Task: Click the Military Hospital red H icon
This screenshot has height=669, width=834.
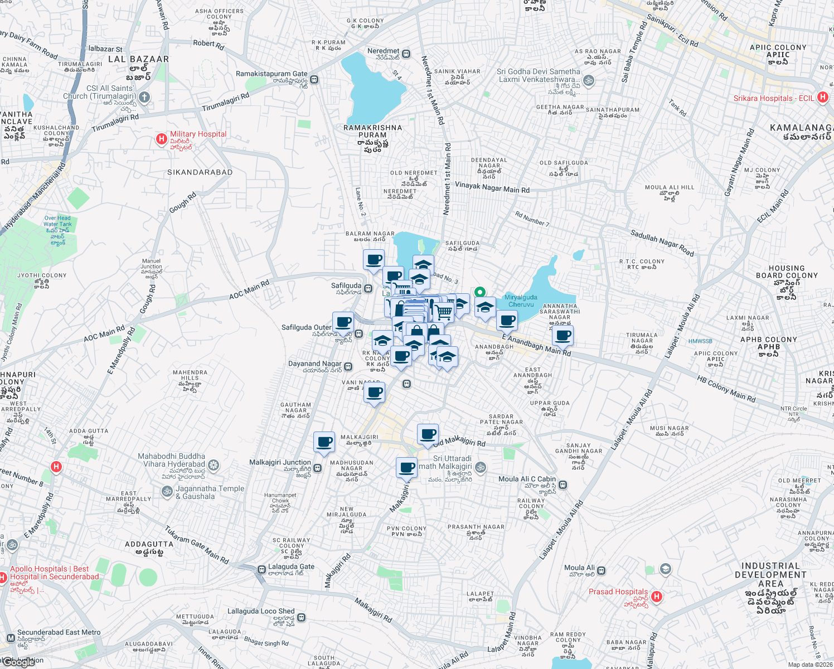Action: point(161,139)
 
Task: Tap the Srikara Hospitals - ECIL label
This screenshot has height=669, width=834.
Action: point(774,98)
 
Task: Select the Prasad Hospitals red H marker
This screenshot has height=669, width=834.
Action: point(657,597)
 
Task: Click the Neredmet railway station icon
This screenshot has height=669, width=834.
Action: point(406,54)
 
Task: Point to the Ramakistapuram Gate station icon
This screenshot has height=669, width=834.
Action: point(314,79)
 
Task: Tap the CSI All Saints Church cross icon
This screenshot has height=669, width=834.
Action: point(144,98)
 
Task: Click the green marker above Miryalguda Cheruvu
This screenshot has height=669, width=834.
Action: point(479,292)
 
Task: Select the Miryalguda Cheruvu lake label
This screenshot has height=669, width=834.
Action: point(521,301)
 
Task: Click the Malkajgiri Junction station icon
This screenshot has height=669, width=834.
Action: point(318,468)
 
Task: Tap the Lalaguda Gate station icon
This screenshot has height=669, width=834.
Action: point(261,570)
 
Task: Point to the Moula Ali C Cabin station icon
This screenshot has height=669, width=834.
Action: point(563,484)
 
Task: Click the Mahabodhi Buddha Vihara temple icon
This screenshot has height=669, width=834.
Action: point(213,464)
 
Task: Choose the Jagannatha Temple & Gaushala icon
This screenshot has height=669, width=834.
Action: point(167,491)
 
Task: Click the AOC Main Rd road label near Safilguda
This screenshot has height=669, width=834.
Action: point(249,290)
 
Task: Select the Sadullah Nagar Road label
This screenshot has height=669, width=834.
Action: point(662,243)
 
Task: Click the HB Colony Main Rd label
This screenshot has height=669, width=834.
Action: point(726,389)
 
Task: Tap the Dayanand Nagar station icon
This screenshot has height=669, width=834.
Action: point(348,367)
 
